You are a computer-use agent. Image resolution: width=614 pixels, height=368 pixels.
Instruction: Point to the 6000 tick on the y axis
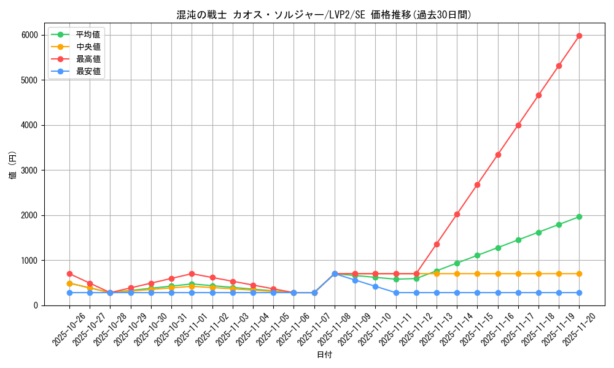pyautogui.click(x=29, y=35)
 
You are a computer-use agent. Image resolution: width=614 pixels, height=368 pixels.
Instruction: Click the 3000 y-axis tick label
pyautogui.click(x=29, y=171)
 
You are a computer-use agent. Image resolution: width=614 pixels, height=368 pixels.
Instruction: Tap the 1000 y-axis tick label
pyautogui.click(x=29, y=261)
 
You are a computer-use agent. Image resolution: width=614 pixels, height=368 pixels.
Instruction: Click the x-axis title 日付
pyautogui.click(x=324, y=355)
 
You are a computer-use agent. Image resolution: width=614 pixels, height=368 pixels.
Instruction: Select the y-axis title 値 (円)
pyautogui.click(x=13, y=165)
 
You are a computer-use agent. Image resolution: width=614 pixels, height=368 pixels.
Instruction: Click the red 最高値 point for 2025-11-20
pyautogui.click(x=579, y=36)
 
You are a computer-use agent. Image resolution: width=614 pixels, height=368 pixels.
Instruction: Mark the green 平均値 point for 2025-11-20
pyautogui.click(x=579, y=217)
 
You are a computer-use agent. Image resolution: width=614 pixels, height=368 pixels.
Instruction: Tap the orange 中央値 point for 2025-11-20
pyautogui.click(x=579, y=274)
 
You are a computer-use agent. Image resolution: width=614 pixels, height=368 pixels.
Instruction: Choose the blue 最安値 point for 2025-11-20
pyautogui.click(x=579, y=293)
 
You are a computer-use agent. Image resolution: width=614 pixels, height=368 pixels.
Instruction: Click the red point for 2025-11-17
pyautogui.click(x=518, y=125)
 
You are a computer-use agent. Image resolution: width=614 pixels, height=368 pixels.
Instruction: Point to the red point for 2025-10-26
pyautogui.click(x=69, y=274)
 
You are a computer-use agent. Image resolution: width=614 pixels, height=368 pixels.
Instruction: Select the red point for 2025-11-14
pyautogui.click(x=457, y=214)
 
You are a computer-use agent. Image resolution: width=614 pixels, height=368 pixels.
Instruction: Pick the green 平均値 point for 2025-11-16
pyautogui.click(x=498, y=248)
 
